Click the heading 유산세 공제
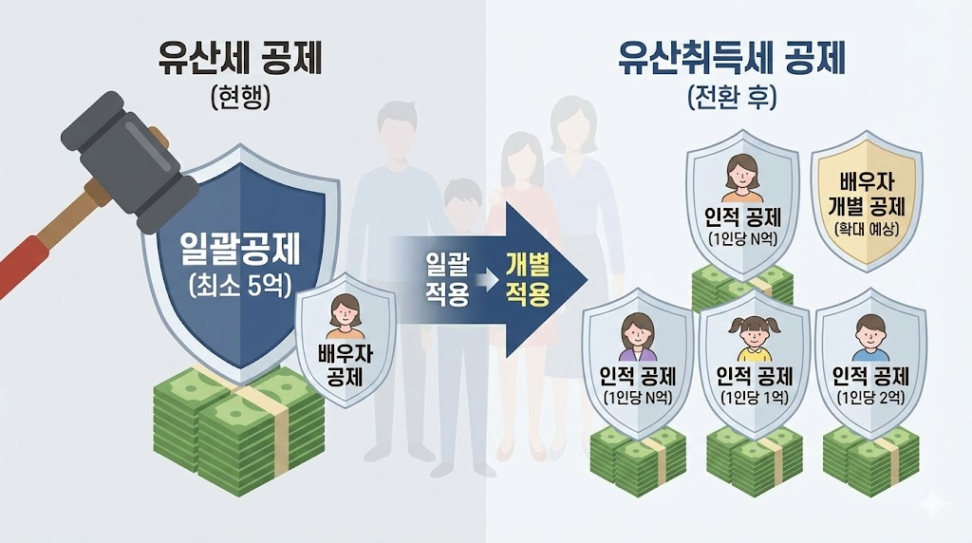tap(240, 59)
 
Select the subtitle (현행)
tap(240, 98)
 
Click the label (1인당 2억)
tap(870, 396)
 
